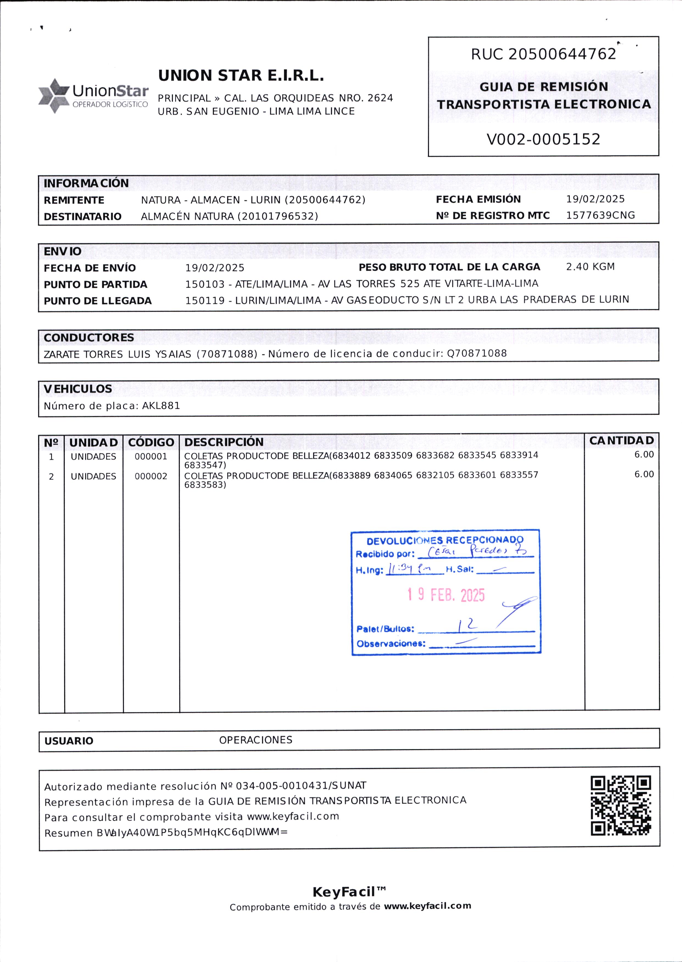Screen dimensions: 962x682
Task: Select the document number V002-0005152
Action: point(543,139)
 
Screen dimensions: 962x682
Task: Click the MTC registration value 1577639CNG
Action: point(600,215)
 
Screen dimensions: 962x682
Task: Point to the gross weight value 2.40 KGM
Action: point(590,267)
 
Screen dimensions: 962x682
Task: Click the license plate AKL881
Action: point(161,406)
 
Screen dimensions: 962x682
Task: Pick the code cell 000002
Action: point(151,476)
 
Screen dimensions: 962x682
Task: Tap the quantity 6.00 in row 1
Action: point(644,455)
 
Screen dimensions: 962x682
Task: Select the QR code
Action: point(621,806)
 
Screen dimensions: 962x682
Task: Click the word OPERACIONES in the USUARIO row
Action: point(255,740)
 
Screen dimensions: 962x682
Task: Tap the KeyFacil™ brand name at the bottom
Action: point(349,891)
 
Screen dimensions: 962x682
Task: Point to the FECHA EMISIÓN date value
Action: point(595,199)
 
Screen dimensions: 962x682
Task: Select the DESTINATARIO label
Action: point(82,216)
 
